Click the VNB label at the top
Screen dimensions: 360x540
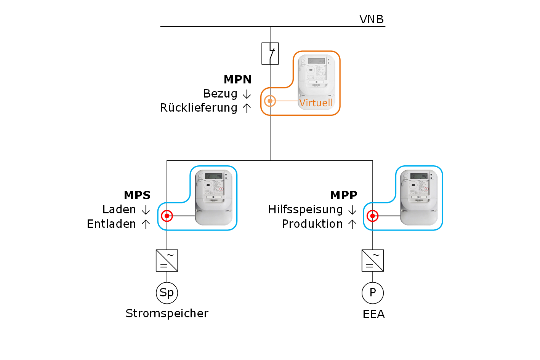(x=371, y=19)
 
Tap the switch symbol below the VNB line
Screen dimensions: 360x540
(x=270, y=53)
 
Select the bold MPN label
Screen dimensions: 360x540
(x=237, y=79)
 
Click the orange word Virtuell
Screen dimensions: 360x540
(x=316, y=103)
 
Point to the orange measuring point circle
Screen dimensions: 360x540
(x=270, y=101)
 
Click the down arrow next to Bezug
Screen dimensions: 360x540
(x=247, y=94)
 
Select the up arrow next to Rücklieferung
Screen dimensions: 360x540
(x=247, y=108)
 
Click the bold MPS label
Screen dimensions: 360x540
(x=137, y=195)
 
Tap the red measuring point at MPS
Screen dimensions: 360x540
(x=167, y=216)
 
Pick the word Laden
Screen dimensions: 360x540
(x=119, y=210)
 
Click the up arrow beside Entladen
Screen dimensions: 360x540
(x=146, y=224)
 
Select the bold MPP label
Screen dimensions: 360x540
(x=344, y=195)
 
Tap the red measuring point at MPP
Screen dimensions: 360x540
(x=372, y=216)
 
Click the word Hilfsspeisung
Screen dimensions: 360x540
(x=306, y=210)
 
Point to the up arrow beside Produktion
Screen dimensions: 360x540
(x=352, y=224)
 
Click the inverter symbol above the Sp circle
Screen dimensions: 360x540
(x=167, y=261)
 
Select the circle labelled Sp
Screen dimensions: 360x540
(x=167, y=293)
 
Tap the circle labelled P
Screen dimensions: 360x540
(x=373, y=293)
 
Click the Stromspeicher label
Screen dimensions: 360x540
(x=167, y=313)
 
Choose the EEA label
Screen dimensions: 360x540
(x=373, y=314)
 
